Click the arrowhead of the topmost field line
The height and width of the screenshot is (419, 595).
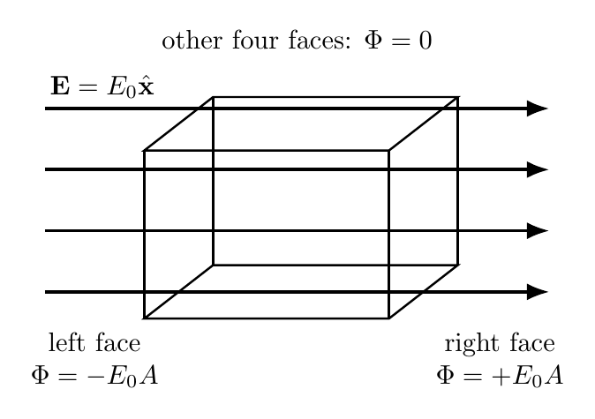(x=538, y=108)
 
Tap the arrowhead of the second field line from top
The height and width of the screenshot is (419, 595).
(x=538, y=169)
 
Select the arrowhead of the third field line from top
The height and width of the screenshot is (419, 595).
(x=538, y=231)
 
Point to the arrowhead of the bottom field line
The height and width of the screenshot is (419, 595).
(x=538, y=292)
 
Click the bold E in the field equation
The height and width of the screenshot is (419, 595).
(x=60, y=86)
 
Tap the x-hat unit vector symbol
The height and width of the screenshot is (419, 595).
(x=146, y=86)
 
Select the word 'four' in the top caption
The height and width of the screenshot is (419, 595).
(x=256, y=41)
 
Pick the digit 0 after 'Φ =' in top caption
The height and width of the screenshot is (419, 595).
(x=426, y=41)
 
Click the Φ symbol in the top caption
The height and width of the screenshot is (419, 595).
(x=373, y=41)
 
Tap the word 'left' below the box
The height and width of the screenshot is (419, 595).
(x=67, y=343)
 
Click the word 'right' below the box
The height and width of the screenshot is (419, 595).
(x=471, y=344)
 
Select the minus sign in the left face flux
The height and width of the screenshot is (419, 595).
(x=94, y=377)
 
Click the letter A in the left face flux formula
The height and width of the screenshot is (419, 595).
(x=148, y=376)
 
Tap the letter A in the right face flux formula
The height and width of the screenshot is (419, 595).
(x=554, y=376)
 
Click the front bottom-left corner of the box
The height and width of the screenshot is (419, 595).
(x=144, y=318)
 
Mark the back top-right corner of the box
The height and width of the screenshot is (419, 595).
(x=458, y=97)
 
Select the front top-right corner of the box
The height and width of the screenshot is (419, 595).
(x=389, y=151)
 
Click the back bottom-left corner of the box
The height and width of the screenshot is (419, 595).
(x=214, y=265)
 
